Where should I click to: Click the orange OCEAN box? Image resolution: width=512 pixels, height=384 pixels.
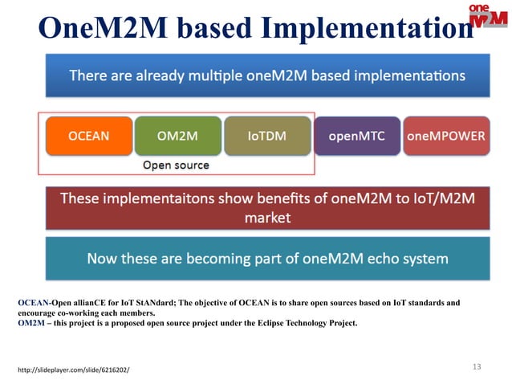pyautogui.click(x=89, y=136)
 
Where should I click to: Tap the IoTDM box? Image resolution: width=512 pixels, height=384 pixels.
pyautogui.click(x=267, y=136)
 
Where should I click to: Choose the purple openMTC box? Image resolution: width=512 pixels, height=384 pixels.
pyautogui.click(x=356, y=136)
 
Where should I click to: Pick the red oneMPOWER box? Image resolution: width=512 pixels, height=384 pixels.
pyautogui.click(x=445, y=136)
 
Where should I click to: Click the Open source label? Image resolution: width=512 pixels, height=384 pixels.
pyautogui.click(x=176, y=165)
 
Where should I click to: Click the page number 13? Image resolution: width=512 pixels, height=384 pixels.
pyautogui.click(x=477, y=366)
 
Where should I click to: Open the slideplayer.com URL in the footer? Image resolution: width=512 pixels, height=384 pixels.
pyautogui.click(x=73, y=370)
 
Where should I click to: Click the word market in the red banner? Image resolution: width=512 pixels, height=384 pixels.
pyautogui.click(x=267, y=218)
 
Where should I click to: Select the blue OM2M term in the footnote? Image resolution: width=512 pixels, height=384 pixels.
pyautogui.click(x=31, y=323)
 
